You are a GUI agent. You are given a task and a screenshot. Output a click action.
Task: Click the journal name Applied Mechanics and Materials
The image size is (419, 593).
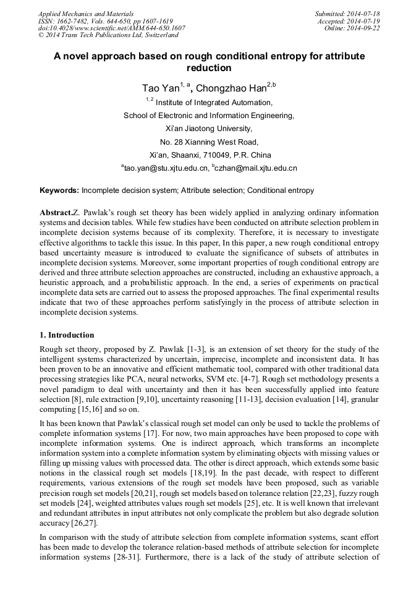(86, 13)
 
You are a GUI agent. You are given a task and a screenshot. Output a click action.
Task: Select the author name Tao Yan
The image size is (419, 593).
(159, 88)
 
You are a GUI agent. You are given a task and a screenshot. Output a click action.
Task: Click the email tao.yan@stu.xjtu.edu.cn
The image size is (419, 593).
(165, 168)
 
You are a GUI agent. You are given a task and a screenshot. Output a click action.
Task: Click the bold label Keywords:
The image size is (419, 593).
(59, 190)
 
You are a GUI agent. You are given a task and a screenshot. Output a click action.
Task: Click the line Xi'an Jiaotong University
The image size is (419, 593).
(209, 129)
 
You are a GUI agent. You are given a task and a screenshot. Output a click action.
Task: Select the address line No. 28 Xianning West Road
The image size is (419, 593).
(209, 142)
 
